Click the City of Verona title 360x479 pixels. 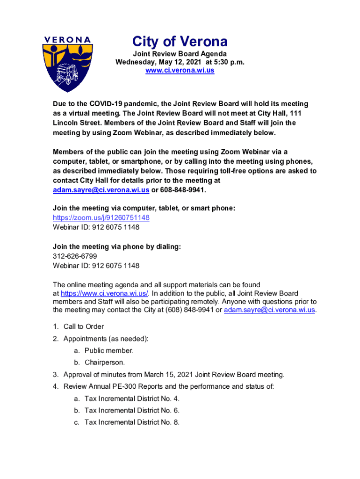click(x=180, y=42)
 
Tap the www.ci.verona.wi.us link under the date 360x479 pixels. click(x=180, y=70)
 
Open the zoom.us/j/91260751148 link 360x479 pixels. click(x=101, y=218)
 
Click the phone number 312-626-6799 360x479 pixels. click(x=75, y=256)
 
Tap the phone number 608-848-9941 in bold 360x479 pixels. click(x=182, y=190)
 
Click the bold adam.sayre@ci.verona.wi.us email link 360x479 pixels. click(x=101, y=190)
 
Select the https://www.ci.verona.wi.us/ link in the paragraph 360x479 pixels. click(x=105, y=293)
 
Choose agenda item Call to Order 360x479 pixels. click(x=84, y=327)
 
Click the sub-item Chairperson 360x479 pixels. click(x=105, y=363)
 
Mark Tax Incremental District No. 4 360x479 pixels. click(x=132, y=399)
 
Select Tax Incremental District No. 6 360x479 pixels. click(x=132, y=410)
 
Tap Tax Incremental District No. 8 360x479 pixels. click(x=132, y=422)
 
